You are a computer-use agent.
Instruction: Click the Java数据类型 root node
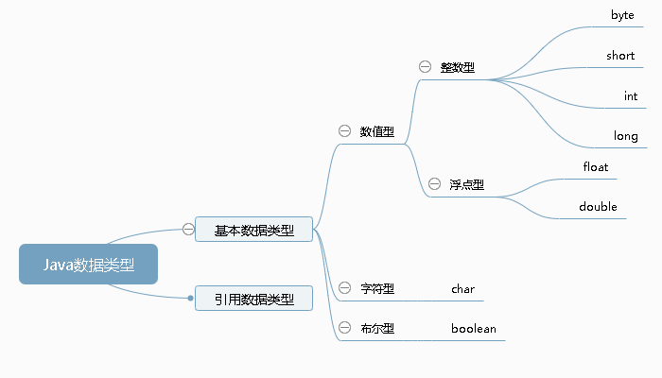coord(88,265)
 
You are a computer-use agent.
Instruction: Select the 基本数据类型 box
coord(253,230)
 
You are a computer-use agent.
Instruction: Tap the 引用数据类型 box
coord(253,300)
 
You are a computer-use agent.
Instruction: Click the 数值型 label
coord(377,131)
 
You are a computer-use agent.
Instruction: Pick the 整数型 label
coord(458,68)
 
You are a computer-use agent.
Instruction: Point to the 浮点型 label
coord(467,184)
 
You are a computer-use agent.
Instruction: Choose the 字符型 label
coord(377,288)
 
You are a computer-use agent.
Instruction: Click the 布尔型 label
coord(377,329)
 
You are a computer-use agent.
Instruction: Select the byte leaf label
coord(622,16)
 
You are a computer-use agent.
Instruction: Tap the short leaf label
coord(620,56)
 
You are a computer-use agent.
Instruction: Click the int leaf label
coord(631,96)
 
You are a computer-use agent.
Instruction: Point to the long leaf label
coord(626,136)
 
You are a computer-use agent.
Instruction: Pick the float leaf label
coord(597,167)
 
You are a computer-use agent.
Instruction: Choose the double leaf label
coord(598,207)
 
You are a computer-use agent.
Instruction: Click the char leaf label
coord(462,288)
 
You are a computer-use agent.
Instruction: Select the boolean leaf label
coord(473,329)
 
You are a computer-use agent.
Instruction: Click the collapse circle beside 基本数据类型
coord(188,229)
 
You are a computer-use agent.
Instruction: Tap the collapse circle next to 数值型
coord(344,131)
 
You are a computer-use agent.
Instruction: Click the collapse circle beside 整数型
coord(425,67)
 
